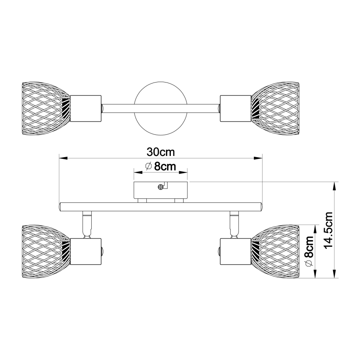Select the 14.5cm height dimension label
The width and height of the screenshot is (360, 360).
(x=328, y=230)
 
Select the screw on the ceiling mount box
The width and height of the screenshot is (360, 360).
(x=161, y=187)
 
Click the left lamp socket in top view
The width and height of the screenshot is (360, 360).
(x=86, y=109)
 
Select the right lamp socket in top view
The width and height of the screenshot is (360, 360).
(x=235, y=109)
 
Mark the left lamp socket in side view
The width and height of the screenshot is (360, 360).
(x=86, y=251)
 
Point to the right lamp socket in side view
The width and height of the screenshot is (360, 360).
(x=235, y=251)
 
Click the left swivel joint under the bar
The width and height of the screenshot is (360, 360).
(x=87, y=224)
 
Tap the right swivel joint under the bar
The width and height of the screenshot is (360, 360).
(x=234, y=224)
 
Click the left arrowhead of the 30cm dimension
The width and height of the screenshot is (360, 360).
(x=62, y=158)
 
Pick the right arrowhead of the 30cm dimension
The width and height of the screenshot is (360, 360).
(x=260, y=158)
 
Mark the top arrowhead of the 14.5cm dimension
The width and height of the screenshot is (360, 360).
(x=335, y=185)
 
